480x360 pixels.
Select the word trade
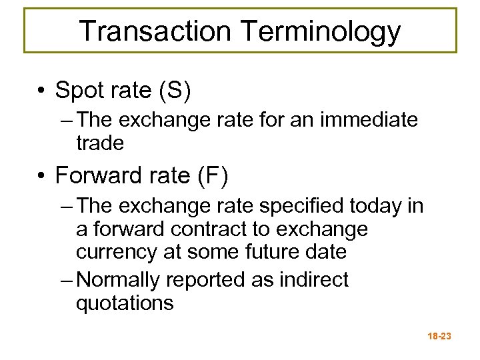click(x=101, y=143)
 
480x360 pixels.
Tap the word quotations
click(x=125, y=303)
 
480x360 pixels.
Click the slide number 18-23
click(x=437, y=337)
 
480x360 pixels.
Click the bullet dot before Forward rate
click(x=41, y=176)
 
